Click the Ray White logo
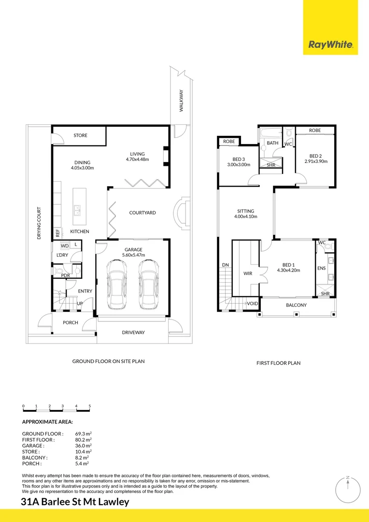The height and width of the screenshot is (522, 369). (331, 45)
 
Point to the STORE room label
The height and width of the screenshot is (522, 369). (80, 135)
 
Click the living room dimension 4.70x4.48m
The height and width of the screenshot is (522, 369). (137, 159)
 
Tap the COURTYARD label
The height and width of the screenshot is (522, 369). (142, 213)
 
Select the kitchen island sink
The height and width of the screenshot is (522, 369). (77, 210)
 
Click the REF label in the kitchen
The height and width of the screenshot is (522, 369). (57, 232)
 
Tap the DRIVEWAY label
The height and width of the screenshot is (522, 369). (133, 332)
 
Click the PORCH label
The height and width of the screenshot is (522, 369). (71, 322)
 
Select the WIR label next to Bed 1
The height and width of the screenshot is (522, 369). (248, 273)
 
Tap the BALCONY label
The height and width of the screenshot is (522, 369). (296, 305)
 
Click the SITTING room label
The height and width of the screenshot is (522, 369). (245, 211)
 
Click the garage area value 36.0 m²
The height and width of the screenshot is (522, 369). (83, 446)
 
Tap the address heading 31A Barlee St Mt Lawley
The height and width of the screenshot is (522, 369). (75, 502)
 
